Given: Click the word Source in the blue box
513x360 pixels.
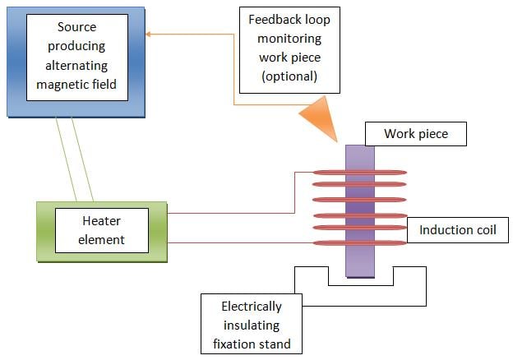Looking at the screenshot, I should click(x=77, y=27).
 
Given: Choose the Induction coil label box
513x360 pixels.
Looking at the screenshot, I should click(x=458, y=229).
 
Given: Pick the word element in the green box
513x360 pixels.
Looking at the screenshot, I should click(x=102, y=239).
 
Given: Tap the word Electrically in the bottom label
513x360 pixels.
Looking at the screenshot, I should click(x=251, y=307).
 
